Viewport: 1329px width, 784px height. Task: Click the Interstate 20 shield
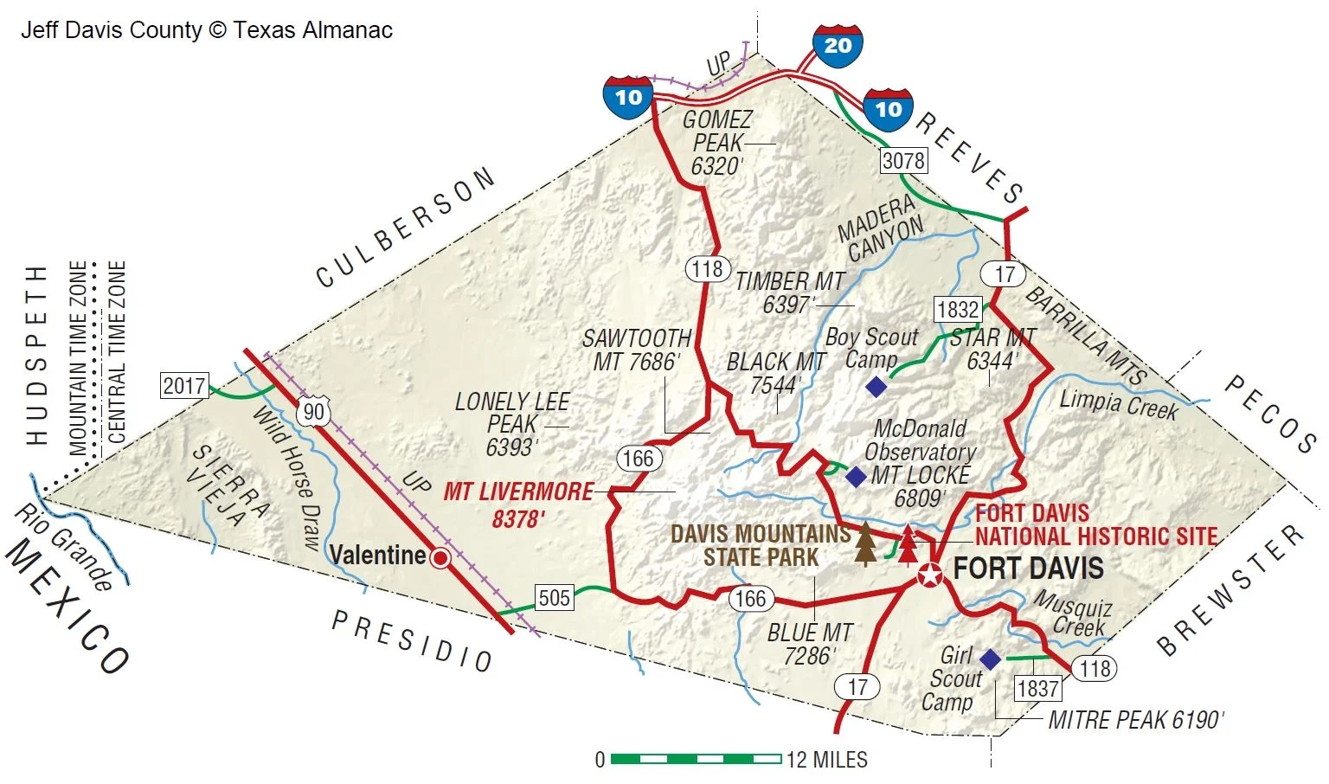(x=838, y=46)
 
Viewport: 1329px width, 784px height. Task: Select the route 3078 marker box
(x=903, y=160)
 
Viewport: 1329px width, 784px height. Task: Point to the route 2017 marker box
(x=184, y=386)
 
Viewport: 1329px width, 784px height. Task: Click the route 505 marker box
(x=554, y=597)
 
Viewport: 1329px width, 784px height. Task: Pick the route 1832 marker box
(x=958, y=309)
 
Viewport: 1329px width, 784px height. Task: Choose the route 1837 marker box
(x=1037, y=688)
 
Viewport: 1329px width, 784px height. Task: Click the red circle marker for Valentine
(x=440, y=558)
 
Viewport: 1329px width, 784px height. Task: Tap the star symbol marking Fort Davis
(x=930, y=574)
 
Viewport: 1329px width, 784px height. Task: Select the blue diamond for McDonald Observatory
(x=855, y=476)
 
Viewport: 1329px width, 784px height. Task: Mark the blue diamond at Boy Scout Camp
(x=876, y=387)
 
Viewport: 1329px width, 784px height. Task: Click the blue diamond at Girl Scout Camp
(x=990, y=659)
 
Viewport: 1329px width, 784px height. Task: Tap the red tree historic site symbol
(x=907, y=543)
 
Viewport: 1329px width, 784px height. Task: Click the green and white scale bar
(x=696, y=759)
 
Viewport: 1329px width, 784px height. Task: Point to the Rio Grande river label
(x=63, y=547)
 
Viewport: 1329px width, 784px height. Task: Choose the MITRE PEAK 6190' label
(x=1136, y=720)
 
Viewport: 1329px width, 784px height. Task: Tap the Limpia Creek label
(x=1118, y=403)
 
